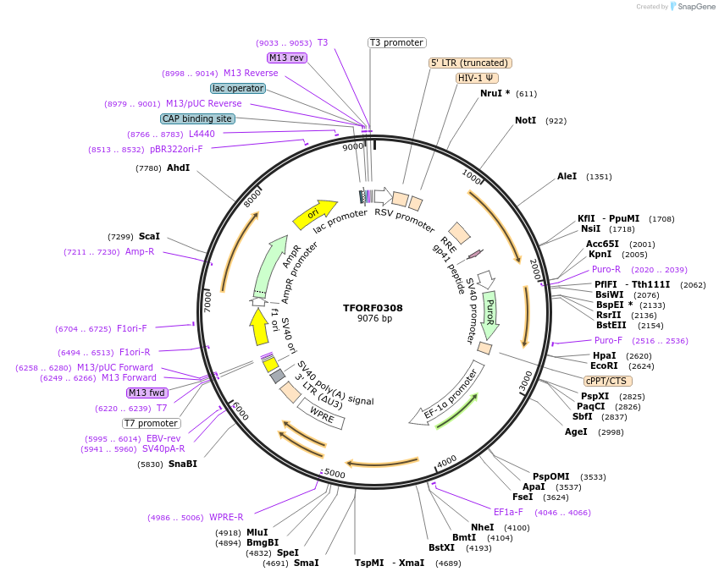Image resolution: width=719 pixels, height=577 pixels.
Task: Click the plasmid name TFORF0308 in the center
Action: (x=373, y=308)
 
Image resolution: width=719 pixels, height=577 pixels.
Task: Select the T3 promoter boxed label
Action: (x=397, y=42)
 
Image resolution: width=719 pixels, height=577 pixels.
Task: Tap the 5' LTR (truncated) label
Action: (x=470, y=63)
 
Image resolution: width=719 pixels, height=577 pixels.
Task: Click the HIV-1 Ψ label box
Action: (x=477, y=78)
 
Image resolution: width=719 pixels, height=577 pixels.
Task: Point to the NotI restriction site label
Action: (x=525, y=121)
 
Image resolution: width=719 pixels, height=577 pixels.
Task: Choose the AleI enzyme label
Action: (x=567, y=177)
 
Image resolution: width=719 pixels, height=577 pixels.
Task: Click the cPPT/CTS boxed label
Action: (x=608, y=381)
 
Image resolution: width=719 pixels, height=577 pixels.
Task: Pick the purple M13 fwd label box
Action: (x=147, y=393)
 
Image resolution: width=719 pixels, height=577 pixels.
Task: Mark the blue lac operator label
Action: (x=238, y=88)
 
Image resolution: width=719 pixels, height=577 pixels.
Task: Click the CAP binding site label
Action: (x=197, y=119)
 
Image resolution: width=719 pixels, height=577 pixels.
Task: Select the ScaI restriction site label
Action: (x=149, y=236)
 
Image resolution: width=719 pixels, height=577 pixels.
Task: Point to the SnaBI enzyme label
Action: (x=182, y=464)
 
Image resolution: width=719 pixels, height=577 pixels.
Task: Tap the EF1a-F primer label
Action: (x=508, y=512)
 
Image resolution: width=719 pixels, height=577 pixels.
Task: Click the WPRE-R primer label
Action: (x=226, y=517)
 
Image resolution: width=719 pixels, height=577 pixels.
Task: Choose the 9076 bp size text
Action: (x=374, y=319)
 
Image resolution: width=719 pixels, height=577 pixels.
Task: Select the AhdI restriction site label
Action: (x=178, y=168)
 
